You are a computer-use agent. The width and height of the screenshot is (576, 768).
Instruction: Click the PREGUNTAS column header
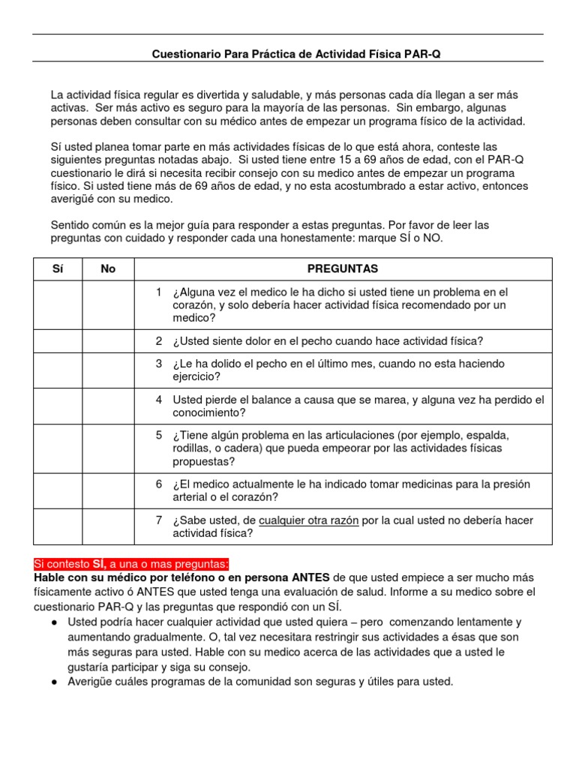[x=343, y=268]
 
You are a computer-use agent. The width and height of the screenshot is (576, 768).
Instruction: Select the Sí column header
[x=58, y=268]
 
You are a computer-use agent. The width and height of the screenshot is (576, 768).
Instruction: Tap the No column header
[x=108, y=268]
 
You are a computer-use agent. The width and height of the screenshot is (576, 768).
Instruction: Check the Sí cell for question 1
[x=58, y=304]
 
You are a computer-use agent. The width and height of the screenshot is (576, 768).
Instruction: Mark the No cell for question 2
[x=108, y=340]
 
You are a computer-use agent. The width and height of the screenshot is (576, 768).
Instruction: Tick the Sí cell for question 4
[x=58, y=406]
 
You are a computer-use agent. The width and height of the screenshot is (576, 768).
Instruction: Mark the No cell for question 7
[x=108, y=526]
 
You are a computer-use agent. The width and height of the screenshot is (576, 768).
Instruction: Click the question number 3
[x=159, y=364]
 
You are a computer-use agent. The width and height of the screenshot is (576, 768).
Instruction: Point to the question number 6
[x=159, y=484]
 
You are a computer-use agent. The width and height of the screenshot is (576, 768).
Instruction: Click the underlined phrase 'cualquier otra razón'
[x=309, y=520]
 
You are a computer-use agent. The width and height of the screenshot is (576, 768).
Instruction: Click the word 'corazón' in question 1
[x=193, y=305]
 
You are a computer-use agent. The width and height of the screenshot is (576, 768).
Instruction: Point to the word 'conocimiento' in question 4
[x=211, y=412]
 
